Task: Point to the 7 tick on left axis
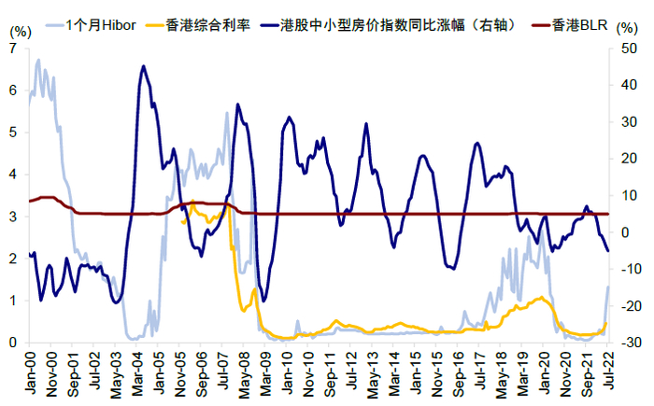(11, 48)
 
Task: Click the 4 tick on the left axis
(11, 174)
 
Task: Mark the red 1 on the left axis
(11, 301)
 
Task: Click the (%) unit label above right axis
(629, 30)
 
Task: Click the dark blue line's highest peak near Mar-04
(142, 66)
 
